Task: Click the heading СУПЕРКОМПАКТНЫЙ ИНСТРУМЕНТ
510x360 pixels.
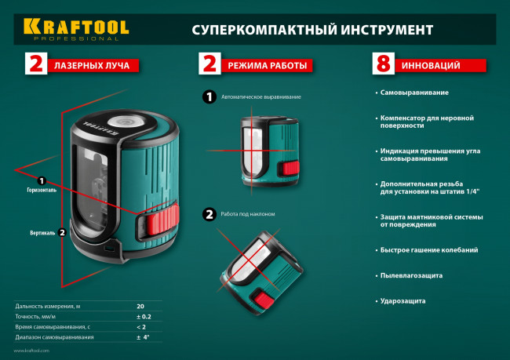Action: (x=312, y=31)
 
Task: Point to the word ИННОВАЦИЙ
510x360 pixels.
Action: (x=430, y=65)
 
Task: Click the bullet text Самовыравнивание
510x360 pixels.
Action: (x=414, y=93)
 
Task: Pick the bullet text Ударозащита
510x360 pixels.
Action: (x=403, y=300)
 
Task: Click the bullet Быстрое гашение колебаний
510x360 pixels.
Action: (x=429, y=250)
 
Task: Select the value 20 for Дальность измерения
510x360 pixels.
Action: (x=140, y=305)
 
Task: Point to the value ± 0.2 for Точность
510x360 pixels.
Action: (x=143, y=316)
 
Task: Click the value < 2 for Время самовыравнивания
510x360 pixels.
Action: (x=141, y=326)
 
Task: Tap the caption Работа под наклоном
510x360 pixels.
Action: (x=248, y=213)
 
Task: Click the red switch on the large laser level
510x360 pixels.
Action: (x=156, y=227)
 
